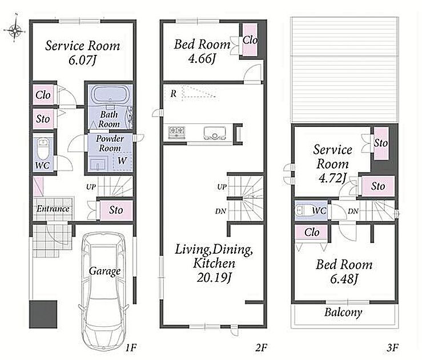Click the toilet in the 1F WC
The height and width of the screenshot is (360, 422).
(x=42, y=149)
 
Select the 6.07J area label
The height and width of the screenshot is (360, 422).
(x=82, y=60)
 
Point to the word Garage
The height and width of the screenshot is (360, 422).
(x=105, y=271)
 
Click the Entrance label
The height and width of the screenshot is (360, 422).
(x=53, y=209)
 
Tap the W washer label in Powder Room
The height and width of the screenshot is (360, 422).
(x=122, y=161)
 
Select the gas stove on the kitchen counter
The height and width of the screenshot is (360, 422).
(x=176, y=132)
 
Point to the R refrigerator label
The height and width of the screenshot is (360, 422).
(x=174, y=94)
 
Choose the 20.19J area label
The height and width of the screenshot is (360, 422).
(x=214, y=277)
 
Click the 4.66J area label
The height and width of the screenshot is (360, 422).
(x=202, y=58)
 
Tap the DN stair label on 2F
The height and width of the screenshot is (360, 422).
(x=220, y=211)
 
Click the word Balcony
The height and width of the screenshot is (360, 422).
(x=343, y=313)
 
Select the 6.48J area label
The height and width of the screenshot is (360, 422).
(x=344, y=279)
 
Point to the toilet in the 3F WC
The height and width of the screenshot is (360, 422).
(x=303, y=210)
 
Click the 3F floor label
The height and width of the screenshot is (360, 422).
(x=393, y=347)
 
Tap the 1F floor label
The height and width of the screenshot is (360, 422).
(x=131, y=347)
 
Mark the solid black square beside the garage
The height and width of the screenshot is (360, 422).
(x=43, y=314)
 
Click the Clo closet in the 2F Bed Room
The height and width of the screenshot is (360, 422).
(x=250, y=39)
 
